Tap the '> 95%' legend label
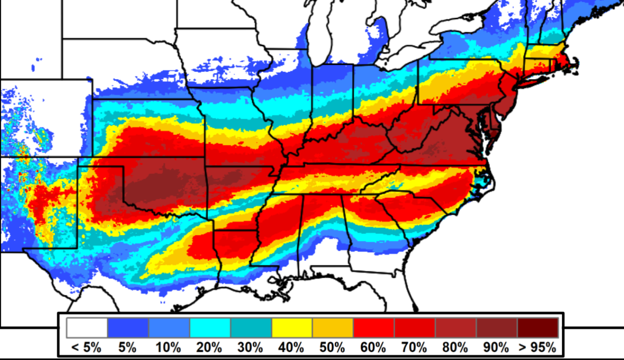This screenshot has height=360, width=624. click(x=538, y=347)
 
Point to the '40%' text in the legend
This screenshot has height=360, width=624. click(x=292, y=347)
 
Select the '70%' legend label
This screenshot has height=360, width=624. click(x=415, y=347)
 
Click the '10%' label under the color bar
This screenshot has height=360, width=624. click(x=169, y=347)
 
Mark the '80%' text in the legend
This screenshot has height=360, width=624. click(x=456, y=347)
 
